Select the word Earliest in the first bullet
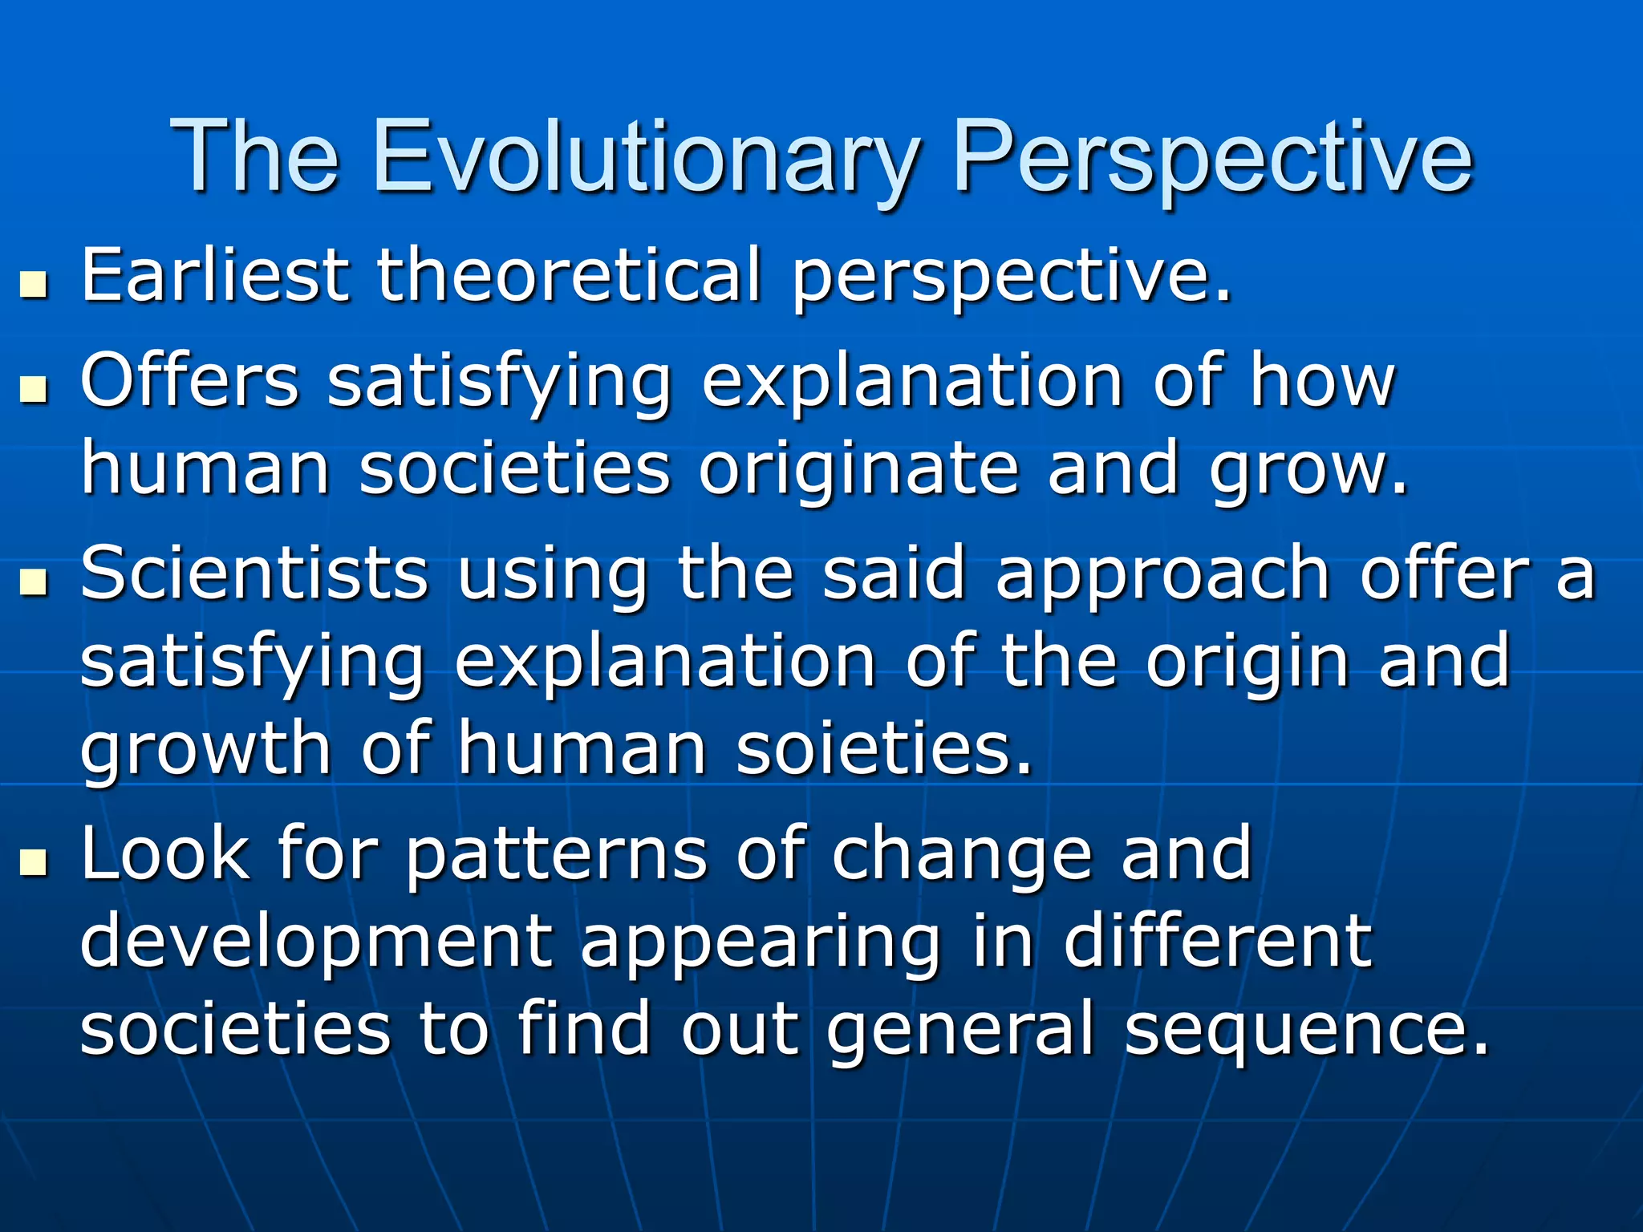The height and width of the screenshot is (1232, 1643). coord(215,276)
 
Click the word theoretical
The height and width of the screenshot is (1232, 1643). coord(569,276)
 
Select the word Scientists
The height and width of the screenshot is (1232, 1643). coord(254,574)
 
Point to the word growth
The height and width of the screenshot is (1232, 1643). coord(206,749)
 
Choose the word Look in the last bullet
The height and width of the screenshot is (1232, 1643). coord(165,853)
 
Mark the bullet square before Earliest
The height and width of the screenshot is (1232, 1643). coord(34,286)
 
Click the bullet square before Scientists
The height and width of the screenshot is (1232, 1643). coord(34,583)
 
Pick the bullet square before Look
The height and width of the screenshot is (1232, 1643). coord(34,863)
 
